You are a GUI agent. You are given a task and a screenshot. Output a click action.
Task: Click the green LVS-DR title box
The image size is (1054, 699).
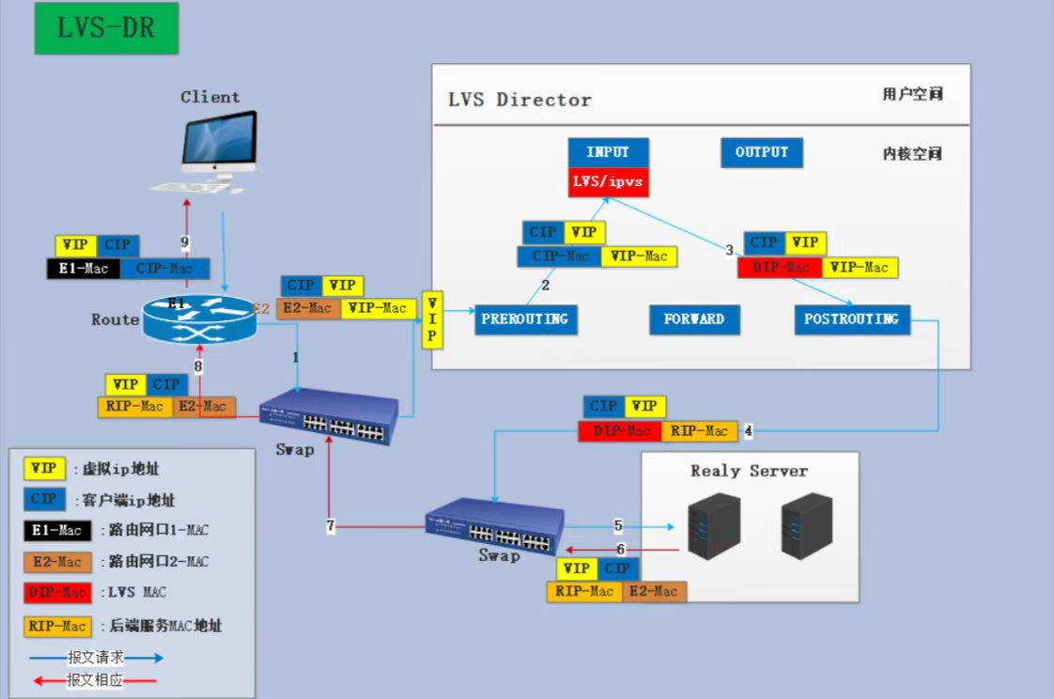pos(105,28)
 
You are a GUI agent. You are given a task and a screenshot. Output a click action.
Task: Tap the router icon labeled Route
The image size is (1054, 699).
pos(199,319)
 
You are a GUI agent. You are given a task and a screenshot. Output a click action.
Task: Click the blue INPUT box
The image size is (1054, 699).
pos(608,153)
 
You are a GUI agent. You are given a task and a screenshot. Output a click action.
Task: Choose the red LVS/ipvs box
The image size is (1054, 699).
pos(608,181)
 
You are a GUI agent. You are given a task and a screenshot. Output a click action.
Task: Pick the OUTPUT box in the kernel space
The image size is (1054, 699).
pos(762,153)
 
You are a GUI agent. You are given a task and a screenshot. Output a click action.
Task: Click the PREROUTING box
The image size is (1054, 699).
pos(525,319)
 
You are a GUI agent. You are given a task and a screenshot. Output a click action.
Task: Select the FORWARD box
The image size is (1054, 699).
pos(694,319)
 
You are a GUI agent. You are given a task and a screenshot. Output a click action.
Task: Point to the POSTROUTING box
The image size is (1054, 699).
pos(851,319)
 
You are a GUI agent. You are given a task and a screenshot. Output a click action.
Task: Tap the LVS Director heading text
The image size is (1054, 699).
pos(519,100)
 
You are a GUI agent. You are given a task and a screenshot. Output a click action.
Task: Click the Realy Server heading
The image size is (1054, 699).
pos(749,471)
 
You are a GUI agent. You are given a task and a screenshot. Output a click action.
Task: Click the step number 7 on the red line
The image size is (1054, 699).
pos(331,527)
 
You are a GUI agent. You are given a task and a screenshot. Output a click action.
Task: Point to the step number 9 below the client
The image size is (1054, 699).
pos(185,242)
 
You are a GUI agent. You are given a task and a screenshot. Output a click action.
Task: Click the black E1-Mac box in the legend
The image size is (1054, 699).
pos(58,530)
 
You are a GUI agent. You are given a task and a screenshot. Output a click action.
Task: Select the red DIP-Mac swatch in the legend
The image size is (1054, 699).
pos(58,593)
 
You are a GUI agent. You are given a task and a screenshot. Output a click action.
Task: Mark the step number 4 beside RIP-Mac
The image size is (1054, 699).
pos(749,431)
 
